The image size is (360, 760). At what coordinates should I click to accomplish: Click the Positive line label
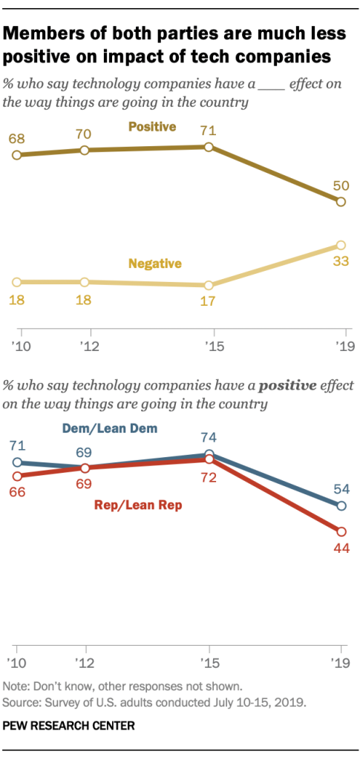point(152,127)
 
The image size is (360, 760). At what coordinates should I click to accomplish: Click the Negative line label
point(155,263)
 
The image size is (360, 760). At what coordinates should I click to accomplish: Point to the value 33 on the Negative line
point(340,261)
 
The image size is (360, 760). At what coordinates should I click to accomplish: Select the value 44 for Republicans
point(340,548)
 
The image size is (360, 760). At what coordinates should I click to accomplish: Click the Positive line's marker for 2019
point(341,202)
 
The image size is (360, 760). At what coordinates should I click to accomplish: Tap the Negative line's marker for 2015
point(209,285)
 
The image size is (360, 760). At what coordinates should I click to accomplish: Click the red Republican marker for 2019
point(341,531)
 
